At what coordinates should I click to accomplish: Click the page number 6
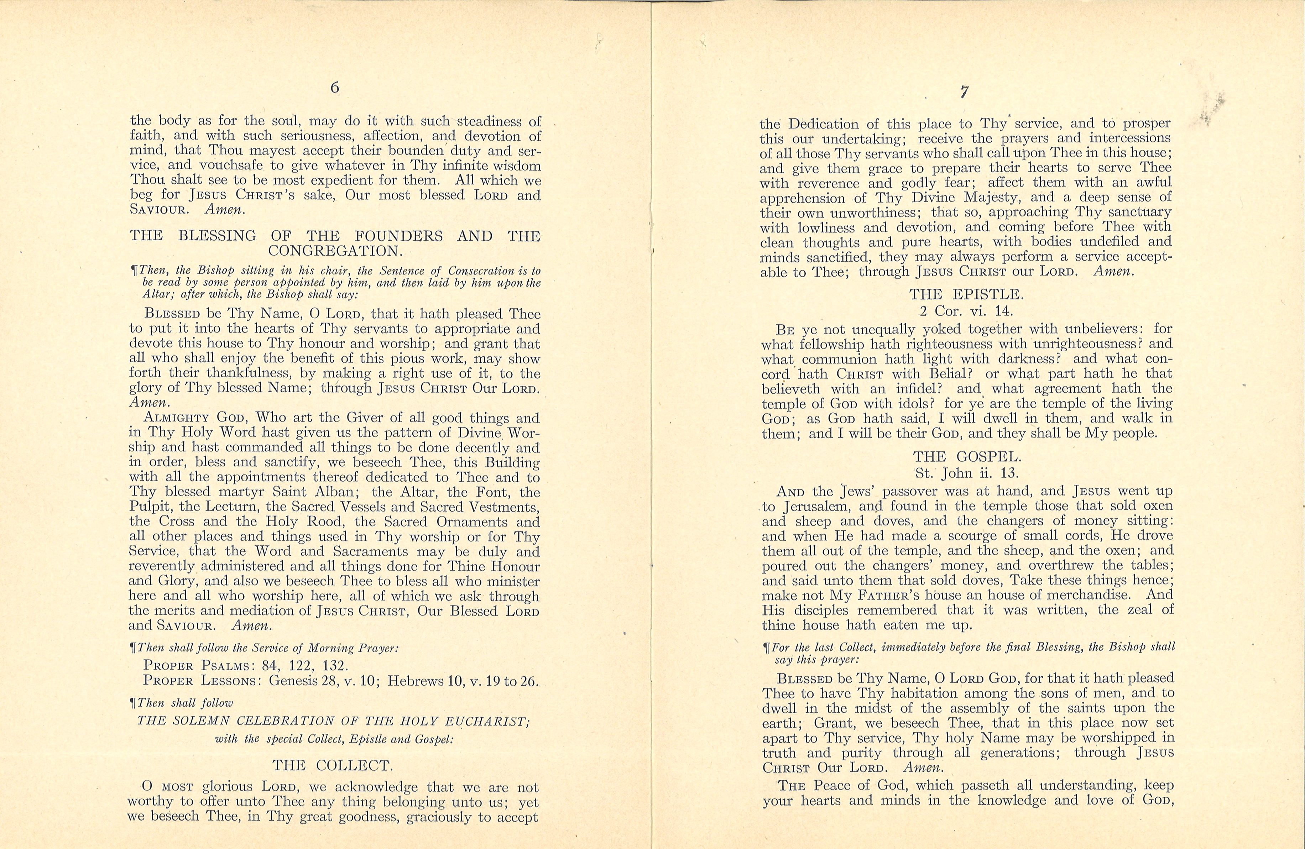coord(334,88)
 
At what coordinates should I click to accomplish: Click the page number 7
coord(964,92)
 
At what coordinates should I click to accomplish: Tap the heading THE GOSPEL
coord(967,457)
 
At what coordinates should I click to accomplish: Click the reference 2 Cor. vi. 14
coord(966,311)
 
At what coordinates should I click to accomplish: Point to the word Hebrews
coord(416,681)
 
